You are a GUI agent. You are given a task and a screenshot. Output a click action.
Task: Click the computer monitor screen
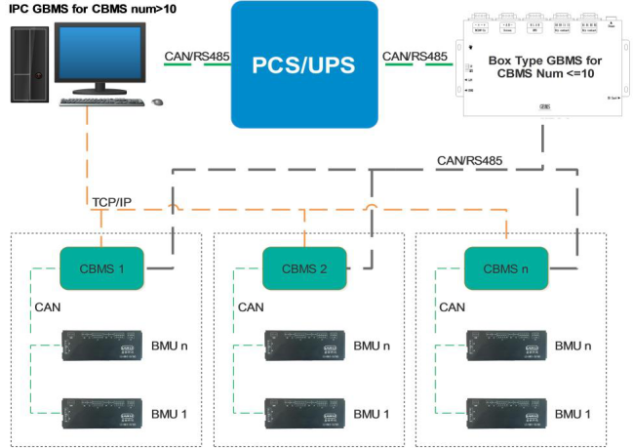(101, 57)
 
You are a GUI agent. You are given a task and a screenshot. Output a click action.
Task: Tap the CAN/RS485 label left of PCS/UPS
(198, 57)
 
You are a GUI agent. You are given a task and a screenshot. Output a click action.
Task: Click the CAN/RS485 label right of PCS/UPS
(416, 57)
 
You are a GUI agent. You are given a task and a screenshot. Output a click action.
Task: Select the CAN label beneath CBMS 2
(250, 307)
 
